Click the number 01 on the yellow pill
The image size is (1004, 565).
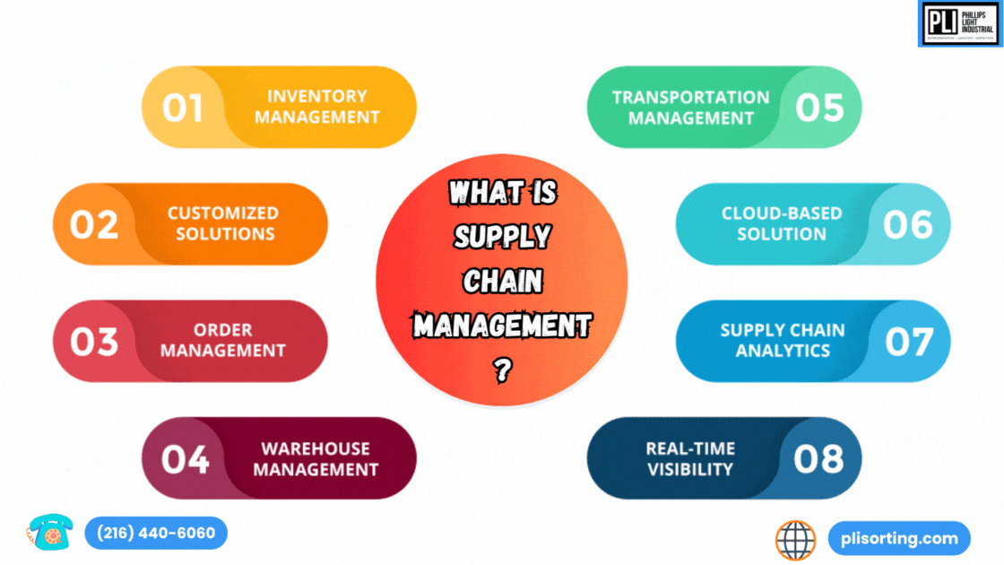[x=182, y=108]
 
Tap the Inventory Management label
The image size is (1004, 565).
[x=317, y=107]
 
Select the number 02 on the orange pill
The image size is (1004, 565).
[x=94, y=224]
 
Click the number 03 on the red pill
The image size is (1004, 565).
[x=94, y=342]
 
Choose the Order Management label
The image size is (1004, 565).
[x=223, y=341]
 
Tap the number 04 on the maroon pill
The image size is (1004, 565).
[x=185, y=459]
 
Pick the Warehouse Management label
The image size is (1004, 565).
[x=316, y=458]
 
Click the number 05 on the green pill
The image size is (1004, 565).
[x=819, y=108]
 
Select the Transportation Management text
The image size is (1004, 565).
[x=690, y=107]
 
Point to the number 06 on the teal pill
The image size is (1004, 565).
[x=907, y=224]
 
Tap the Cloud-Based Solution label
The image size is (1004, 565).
[x=781, y=223]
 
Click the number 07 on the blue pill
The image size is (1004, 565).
[x=909, y=342]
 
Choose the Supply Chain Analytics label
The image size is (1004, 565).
[x=782, y=340]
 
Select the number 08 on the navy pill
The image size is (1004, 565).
[x=818, y=459]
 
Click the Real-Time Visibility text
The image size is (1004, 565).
[x=690, y=458]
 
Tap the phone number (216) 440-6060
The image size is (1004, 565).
[x=156, y=534]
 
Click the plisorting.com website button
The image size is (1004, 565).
[x=899, y=539]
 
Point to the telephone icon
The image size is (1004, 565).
[x=48, y=533]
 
